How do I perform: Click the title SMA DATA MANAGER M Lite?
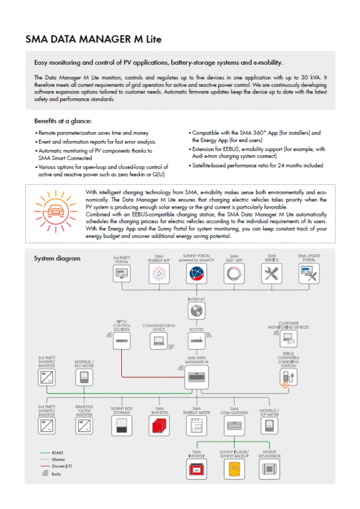93,40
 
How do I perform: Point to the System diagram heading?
56,258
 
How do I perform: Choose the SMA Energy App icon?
159,274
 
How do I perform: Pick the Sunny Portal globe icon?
196,274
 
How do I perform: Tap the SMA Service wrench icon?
272,274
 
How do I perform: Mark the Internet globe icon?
196,311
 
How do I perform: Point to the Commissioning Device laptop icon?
158,341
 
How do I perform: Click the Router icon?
196,341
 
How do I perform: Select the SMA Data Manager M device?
196,378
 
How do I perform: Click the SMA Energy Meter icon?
196,426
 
